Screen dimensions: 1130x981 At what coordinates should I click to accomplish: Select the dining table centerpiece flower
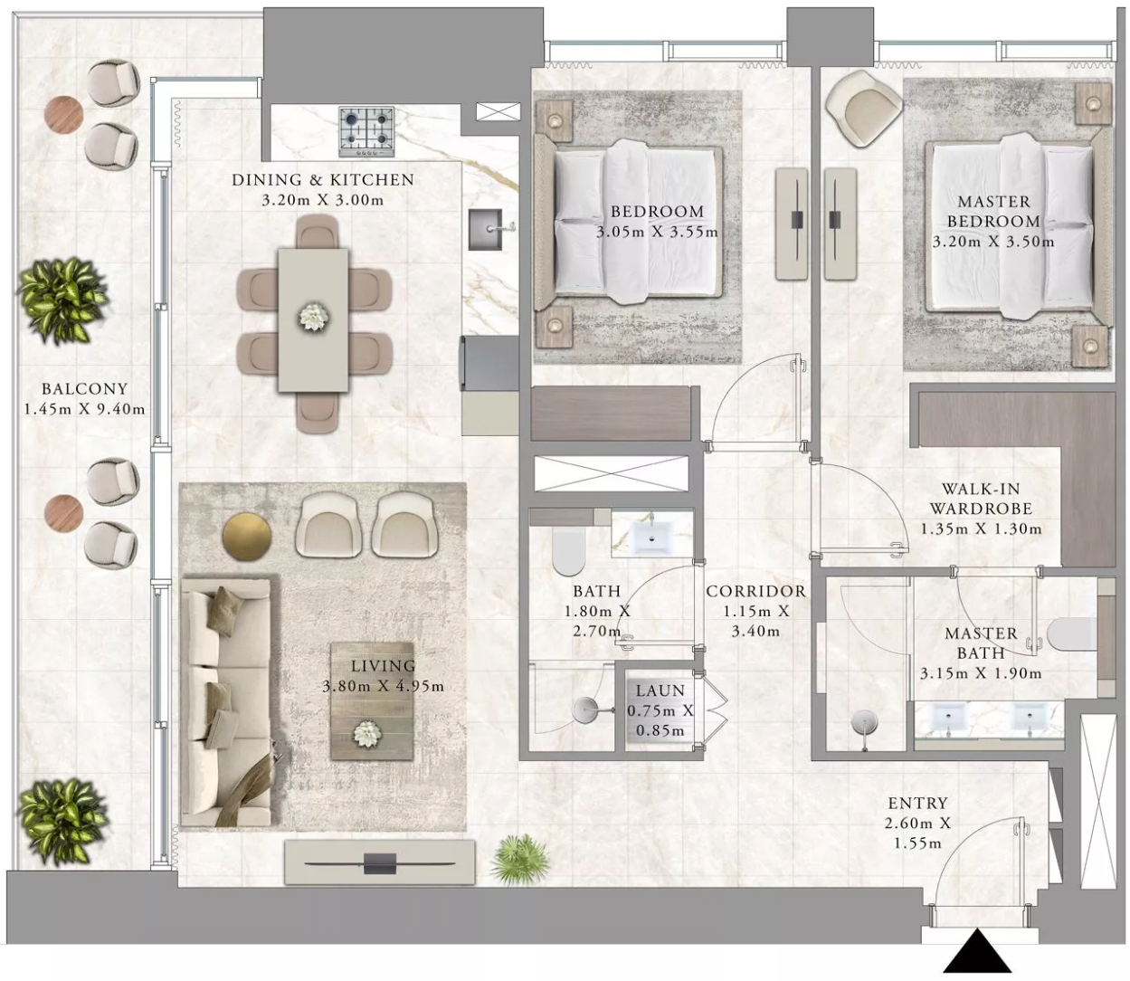tap(314, 318)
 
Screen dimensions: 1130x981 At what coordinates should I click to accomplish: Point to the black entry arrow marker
tap(977, 950)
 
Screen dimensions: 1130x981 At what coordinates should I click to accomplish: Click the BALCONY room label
tap(84, 389)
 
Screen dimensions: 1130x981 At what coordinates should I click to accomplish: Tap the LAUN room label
tap(660, 691)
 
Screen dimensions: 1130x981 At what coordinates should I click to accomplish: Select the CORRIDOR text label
tap(755, 591)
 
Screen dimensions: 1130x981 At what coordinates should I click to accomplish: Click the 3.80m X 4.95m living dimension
tap(383, 687)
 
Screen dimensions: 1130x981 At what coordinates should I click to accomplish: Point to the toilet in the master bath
tap(1072, 634)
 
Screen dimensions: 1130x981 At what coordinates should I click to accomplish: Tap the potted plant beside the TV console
tap(520, 860)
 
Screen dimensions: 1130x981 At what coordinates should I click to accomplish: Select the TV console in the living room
tap(379, 862)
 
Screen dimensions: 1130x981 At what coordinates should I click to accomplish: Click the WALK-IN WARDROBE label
tap(981, 499)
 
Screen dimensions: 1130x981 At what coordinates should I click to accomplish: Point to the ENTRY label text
tap(917, 803)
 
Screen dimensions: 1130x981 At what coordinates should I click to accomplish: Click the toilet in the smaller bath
tap(568, 552)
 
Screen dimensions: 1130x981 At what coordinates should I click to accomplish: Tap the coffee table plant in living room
tap(365, 734)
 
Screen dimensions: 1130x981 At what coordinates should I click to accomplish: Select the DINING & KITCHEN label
tap(323, 180)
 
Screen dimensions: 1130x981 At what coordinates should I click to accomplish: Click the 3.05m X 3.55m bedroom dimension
tap(657, 232)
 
